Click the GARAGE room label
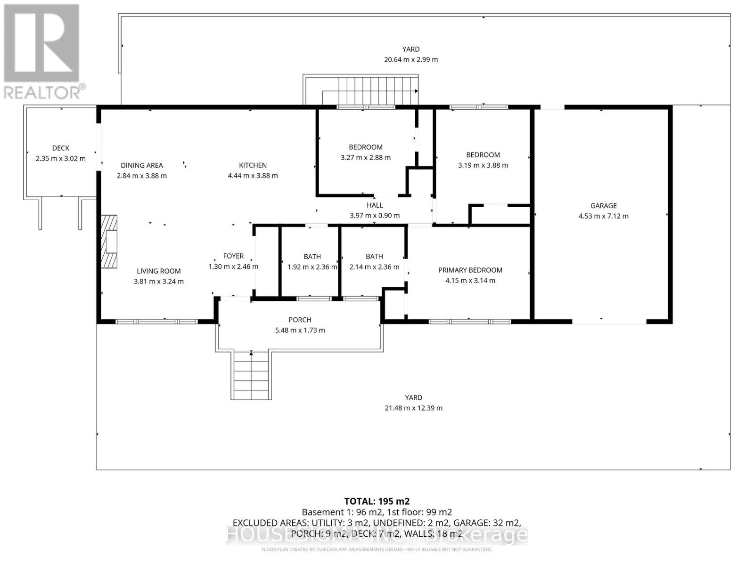603,206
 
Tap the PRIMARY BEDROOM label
470,270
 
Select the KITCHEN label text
253,165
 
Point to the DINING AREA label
141,165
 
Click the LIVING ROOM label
158,271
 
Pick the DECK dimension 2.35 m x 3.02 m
60,159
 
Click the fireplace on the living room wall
109,242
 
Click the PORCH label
300,320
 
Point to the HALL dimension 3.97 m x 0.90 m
375,216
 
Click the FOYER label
233,256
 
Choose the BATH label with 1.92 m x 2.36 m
312,257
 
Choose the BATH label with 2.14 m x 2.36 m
374,257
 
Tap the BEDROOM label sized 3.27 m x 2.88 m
365,147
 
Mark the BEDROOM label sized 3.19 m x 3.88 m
483,155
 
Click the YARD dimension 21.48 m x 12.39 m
413,408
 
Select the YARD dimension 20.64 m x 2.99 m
410,60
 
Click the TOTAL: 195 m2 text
377,501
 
